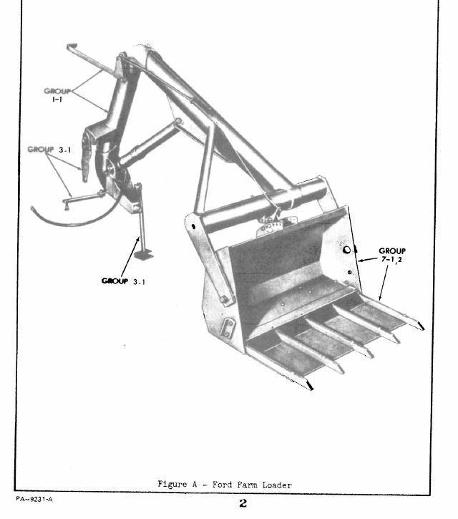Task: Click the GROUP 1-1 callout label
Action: coord(57,95)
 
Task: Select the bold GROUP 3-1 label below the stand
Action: coord(123,281)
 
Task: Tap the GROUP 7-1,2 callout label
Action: coord(392,255)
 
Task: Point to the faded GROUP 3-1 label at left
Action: coord(49,150)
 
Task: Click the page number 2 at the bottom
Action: coord(243,503)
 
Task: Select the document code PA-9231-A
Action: coord(34,499)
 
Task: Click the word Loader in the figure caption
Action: coord(277,485)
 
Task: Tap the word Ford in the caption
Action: coord(223,485)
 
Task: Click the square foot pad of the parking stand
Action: coord(144,255)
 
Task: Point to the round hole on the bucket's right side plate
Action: coord(346,250)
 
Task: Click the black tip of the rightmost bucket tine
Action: coord(422,326)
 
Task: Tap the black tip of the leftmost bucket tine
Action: coord(310,386)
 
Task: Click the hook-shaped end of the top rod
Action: coord(72,46)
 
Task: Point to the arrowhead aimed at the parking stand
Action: coord(137,239)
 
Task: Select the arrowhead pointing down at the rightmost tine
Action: coord(381,297)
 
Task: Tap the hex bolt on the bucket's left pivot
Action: coord(223,299)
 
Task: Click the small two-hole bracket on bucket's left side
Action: coord(229,328)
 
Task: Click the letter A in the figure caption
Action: coord(194,485)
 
